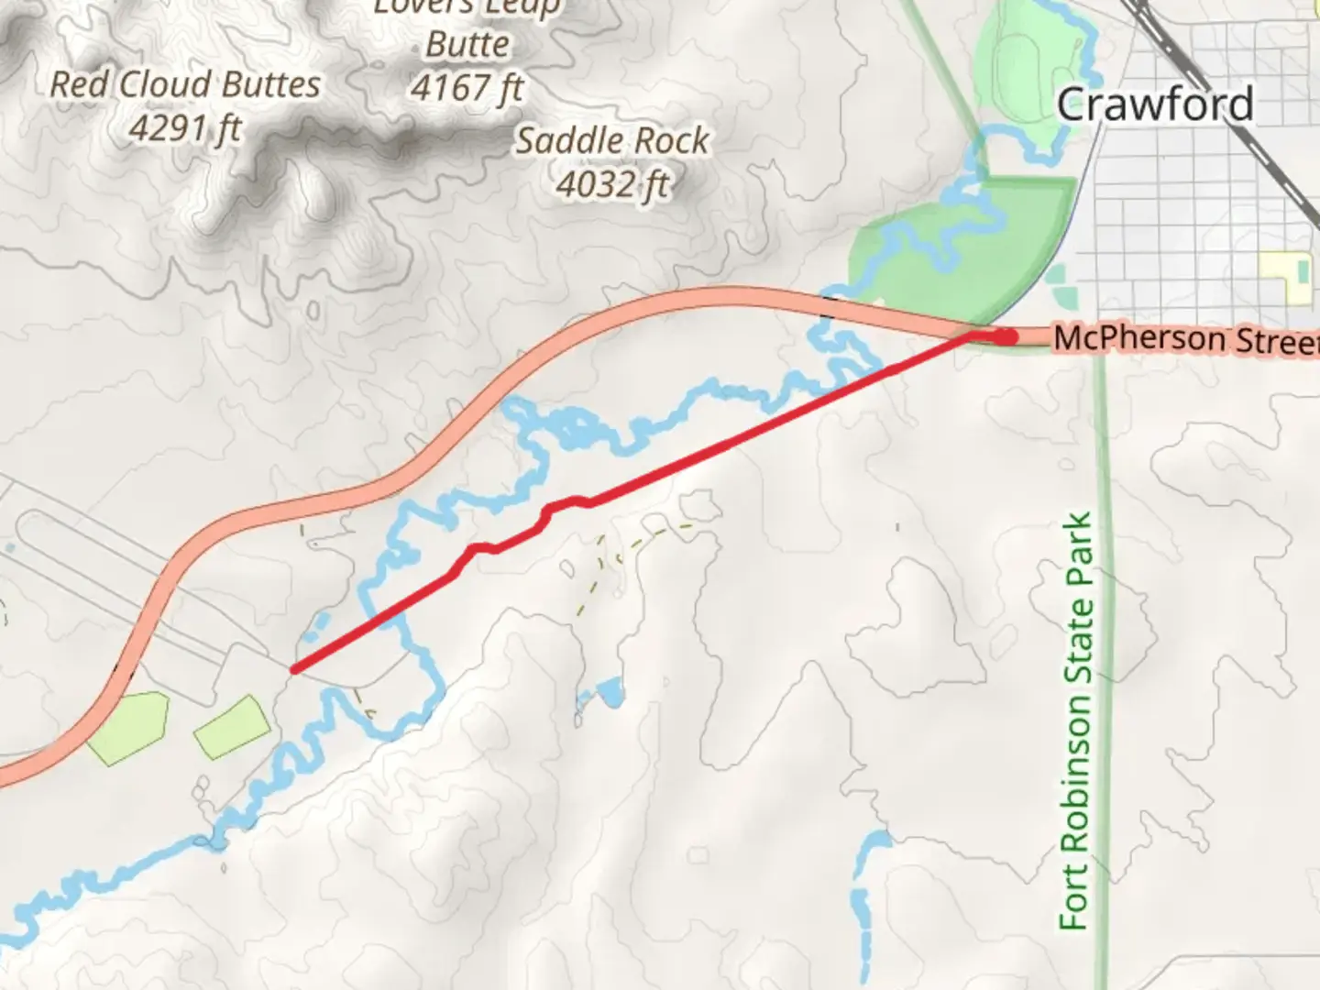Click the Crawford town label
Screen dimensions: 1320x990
coord(1154,104)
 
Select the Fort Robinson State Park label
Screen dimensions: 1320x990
coord(1076,721)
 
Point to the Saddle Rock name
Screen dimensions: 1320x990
coord(611,141)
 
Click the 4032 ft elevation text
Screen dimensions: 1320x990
coord(611,185)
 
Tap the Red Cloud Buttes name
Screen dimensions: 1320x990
coord(184,85)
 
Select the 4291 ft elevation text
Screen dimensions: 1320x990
coord(184,129)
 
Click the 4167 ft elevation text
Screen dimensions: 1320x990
coord(467,89)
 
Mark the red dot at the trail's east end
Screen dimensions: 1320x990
coord(1007,337)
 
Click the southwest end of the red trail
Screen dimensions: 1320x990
coord(294,669)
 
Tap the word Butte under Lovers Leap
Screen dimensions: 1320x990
coord(467,45)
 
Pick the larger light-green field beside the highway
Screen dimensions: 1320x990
coord(128,723)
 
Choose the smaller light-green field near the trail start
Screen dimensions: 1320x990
coord(232,726)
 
